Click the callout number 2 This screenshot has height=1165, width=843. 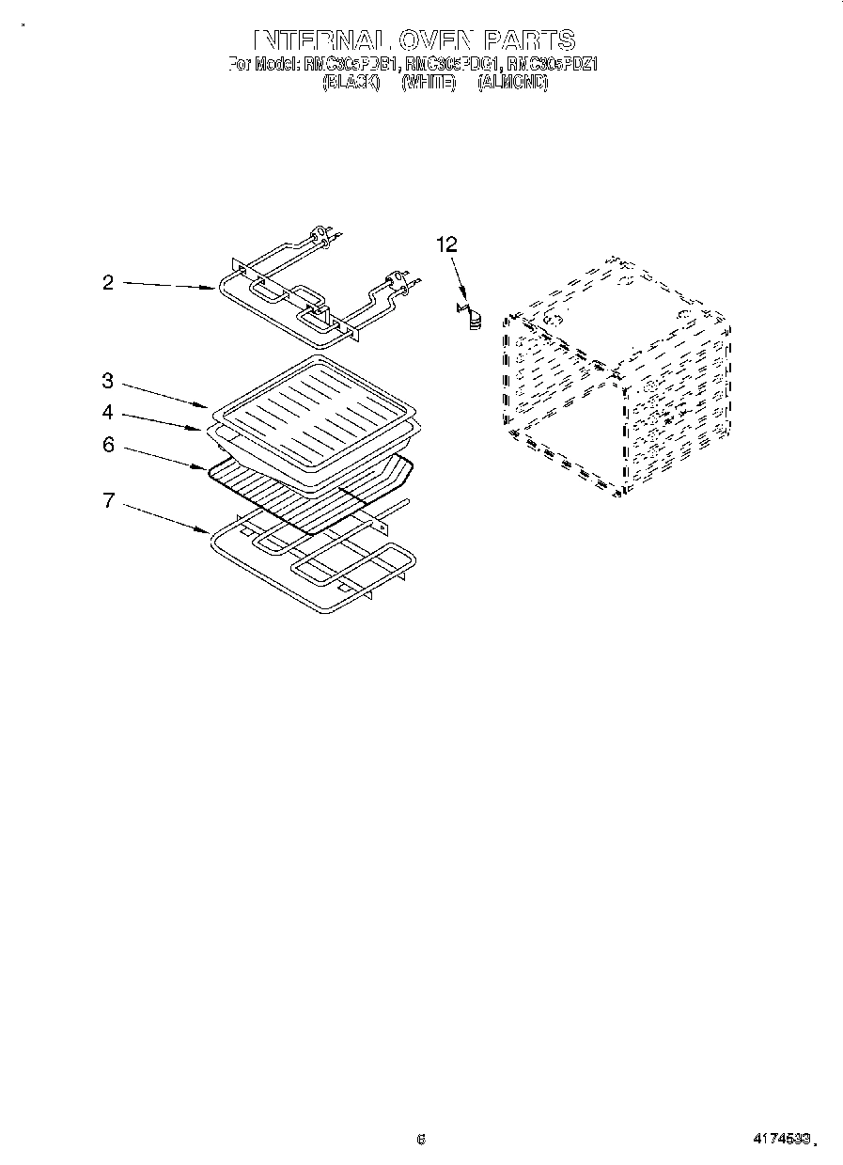[x=108, y=282]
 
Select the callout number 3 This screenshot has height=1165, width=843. [x=108, y=381]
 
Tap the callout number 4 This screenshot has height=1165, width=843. [x=108, y=412]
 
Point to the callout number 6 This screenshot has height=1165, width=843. [x=108, y=445]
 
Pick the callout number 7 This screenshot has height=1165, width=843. [x=108, y=500]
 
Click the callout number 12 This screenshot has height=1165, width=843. [x=446, y=244]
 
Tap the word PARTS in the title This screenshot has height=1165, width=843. [x=529, y=39]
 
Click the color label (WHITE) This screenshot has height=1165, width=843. [x=429, y=83]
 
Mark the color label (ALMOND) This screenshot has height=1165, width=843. [x=512, y=83]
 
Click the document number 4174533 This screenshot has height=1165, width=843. [x=780, y=1139]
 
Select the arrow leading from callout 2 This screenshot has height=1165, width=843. [x=169, y=286]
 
